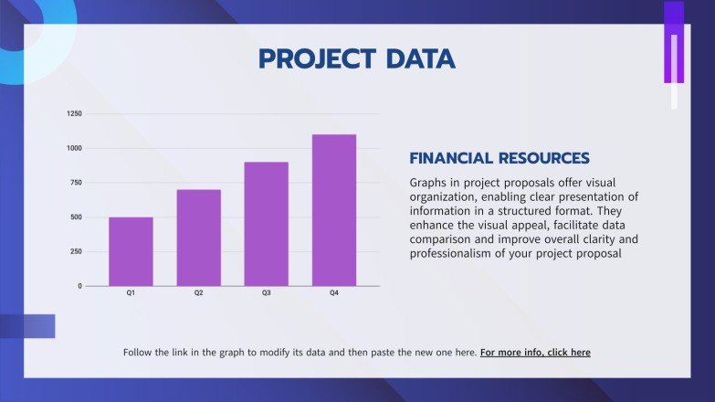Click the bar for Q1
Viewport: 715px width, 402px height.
(x=131, y=251)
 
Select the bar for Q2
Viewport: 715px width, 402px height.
(x=198, y=238)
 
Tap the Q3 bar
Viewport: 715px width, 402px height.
(x=266, y=224)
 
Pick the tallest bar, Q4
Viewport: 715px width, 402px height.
(x=333, y=210)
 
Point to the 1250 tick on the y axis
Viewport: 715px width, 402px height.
(x=75, y=114)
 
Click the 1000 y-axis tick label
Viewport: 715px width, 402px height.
(x=75, y=148)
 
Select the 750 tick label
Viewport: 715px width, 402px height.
(x=77, y=183)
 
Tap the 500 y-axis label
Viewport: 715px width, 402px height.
(x=77, y=217)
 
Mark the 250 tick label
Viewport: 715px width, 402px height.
(x=77, y=251)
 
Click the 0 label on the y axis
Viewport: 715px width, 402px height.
(x=79, y=286)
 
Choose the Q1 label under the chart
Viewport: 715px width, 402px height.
(x=131, y=294)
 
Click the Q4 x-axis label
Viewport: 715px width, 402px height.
(x=333, y=294)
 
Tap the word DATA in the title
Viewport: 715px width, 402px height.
(x=419, y=59)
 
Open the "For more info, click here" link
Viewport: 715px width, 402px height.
(x=535, y=352)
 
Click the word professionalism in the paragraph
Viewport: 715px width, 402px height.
(x=454, y=254)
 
